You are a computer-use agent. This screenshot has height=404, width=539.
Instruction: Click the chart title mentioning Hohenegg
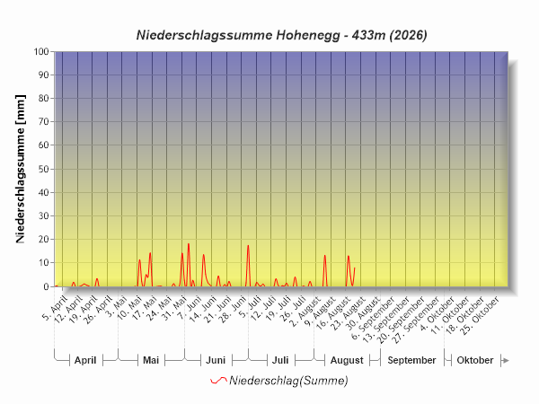281,35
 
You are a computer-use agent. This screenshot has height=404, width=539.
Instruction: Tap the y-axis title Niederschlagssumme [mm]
21,169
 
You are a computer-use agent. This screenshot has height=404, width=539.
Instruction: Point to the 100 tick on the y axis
41,51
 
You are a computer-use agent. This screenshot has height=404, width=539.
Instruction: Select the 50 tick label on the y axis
44,169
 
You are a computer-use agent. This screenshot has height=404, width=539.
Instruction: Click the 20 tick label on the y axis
44,239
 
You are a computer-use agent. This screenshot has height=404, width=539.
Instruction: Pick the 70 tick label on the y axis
44,121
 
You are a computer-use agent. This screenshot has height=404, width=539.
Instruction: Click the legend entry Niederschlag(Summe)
288,381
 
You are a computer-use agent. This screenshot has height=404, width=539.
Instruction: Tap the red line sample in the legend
218,381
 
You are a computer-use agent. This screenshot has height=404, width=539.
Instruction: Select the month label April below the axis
85,360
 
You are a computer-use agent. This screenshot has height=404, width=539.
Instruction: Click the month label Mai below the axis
151,360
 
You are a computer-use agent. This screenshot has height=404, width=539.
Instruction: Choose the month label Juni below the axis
216,360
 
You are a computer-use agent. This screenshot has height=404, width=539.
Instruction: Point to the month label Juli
280,360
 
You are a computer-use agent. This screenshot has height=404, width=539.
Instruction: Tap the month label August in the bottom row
347,360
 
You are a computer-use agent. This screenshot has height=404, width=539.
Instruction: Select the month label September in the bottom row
411,360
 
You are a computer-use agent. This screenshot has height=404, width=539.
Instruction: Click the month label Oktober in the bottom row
475,360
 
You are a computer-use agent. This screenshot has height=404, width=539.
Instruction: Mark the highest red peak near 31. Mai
189,244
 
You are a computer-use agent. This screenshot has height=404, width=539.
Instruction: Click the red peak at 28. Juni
248,246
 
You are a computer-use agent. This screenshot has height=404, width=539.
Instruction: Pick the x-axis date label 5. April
54,309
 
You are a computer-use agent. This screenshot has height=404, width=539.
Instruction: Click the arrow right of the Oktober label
505,360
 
